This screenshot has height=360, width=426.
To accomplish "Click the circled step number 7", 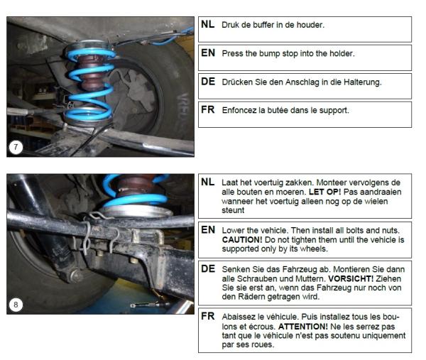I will (16, 148).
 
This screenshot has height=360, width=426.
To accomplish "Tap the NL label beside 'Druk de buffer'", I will (207, 25).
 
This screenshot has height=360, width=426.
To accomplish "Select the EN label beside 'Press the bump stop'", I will (207, 53).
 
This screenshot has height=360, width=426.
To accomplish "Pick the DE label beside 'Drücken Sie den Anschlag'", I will (207, 82).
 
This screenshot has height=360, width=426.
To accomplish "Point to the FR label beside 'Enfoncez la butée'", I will (207, 110).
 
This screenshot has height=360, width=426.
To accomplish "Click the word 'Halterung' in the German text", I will (361, 82).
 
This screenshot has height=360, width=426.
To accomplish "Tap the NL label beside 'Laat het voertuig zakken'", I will (207, 182).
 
